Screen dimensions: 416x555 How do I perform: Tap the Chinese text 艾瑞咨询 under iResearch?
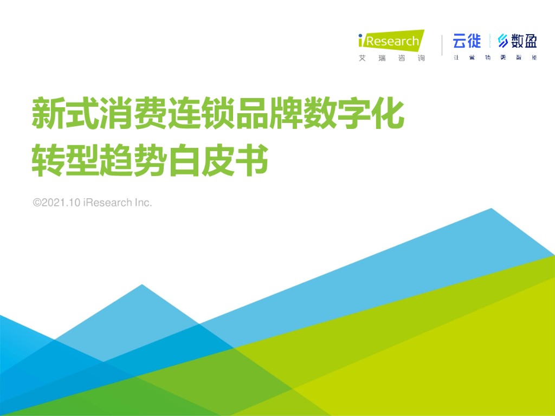tap(391, 58)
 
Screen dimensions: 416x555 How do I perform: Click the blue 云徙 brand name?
tap(467, 41)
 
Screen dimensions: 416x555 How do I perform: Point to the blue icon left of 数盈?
tap(503, 41)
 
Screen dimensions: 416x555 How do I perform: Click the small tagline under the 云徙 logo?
tap(495, 57)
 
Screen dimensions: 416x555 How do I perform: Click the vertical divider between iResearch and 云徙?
tap(442, 45)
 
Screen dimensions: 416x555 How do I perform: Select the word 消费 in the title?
tap(133, 113)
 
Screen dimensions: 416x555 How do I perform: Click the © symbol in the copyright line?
tap(37, 203)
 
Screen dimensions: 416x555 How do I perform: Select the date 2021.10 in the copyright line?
tap(62, 203)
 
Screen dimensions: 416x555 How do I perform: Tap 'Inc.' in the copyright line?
tap(143, 203)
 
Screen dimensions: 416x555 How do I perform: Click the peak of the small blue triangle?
tap(142, 285)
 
